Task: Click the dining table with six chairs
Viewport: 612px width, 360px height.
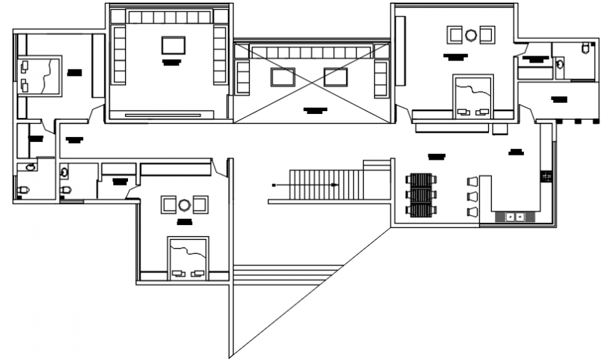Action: click(421, 195)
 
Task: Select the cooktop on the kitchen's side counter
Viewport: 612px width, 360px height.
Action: click(547, 176)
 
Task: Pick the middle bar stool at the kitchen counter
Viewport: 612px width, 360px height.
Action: click(472, 195)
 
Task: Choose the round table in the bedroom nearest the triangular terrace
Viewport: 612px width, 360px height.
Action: click(184, 205)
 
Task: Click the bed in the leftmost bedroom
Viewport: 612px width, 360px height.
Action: click(41, 75)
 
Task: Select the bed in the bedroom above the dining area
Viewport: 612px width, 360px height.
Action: click(473, 97)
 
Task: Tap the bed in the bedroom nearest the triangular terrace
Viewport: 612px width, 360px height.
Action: click(188, 259)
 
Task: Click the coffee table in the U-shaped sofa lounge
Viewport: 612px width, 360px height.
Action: click(173, 45)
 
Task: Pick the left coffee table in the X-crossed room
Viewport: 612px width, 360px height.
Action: click(283, 77)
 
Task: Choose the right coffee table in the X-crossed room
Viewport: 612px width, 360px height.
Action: click(336, 77)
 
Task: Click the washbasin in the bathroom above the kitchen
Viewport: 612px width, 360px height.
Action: click(559, 64)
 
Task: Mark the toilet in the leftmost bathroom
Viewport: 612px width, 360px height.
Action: click(23, 190)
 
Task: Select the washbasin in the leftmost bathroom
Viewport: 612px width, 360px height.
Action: click(30, 167)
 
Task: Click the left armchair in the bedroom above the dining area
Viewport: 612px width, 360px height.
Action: click(454, 34)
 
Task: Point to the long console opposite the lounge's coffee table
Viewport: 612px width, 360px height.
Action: click(169, 113)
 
